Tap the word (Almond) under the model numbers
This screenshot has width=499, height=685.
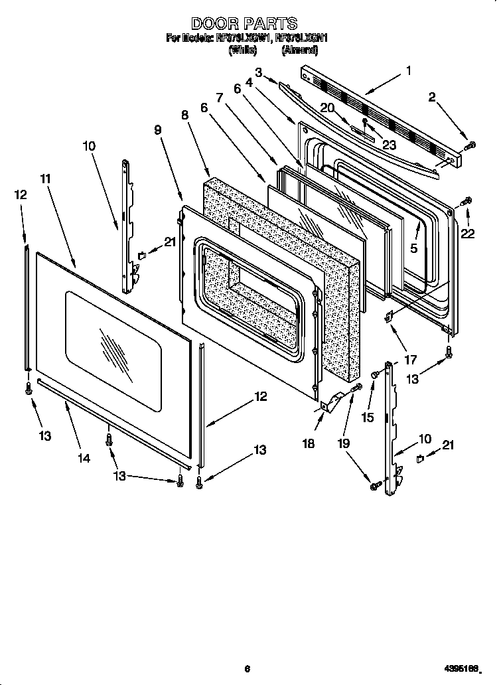click(x=301, y=50)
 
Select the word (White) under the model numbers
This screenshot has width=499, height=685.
click(x=242, y=50)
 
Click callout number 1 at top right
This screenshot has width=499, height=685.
click(x=409, y=70)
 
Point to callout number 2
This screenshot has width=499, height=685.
click(x=432, y=98)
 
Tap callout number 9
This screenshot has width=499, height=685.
click(x=158, y=130)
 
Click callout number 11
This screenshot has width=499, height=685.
click(x=45, y=179)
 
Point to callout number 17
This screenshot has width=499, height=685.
click(x=410, y=360)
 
